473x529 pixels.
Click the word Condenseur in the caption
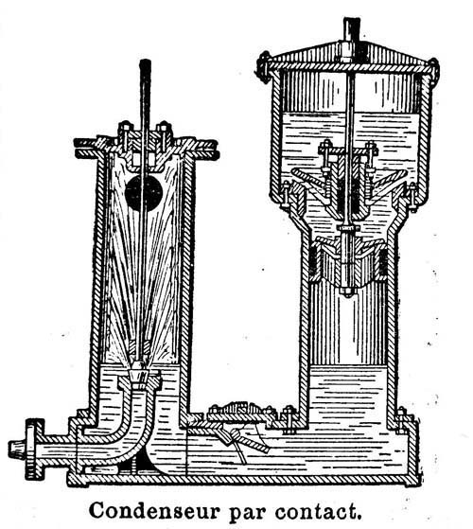pos(154,511)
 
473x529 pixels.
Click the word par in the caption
pos(247,514)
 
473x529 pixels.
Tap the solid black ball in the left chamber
pos(144,193)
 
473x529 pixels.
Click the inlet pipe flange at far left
pos(35,449)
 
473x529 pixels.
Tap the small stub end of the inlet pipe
pos(17,450)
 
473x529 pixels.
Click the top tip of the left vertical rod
pos(145,61)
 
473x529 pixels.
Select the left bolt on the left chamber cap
pos(125,135)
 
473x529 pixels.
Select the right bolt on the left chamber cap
pos(164,135)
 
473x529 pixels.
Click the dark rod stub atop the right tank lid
pos(352,31)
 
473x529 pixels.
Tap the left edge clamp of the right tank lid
pos(265,67)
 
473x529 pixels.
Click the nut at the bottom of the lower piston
pos(347,291)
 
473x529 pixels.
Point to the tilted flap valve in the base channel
pos(243,439)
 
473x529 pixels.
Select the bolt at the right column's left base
pos(289,420)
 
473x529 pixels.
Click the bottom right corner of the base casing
pos(420,485)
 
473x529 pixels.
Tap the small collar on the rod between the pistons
pos(348,228)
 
